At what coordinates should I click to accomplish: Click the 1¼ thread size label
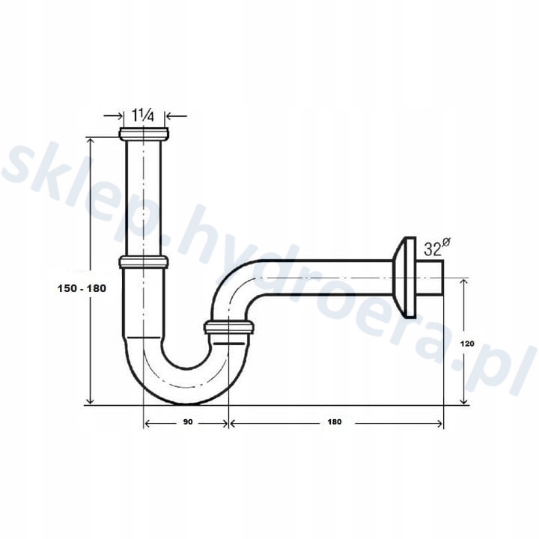point(143,115)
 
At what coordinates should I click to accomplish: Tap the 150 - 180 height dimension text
point(82,288)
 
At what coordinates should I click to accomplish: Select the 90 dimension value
point(188,421)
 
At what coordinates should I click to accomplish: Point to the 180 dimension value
point(335,421)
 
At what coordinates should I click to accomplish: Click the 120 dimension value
point(467,344)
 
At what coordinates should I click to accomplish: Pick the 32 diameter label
point(436,248)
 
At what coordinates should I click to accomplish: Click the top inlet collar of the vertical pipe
point(144,133)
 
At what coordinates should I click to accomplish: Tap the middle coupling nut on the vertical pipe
point(144,262)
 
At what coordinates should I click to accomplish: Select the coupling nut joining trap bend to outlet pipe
point(229,327)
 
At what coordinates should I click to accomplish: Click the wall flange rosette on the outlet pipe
point(404,277)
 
